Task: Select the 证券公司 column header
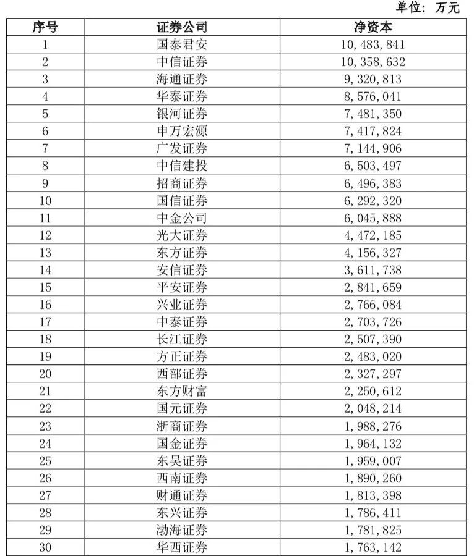[x=182, y=27]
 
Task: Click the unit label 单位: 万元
[x=429, y=8]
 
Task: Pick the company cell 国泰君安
[x=182, y=44]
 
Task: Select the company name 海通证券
[x=182, y=79]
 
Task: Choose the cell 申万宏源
[x=182, y=131]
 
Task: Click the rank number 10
[x=45, y=201]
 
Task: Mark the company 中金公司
[x=182, y=218]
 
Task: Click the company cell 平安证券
[x=182, y=287]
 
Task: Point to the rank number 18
[x=45, y=339]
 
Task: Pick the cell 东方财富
[x=182, y=391]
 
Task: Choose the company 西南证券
[x=182, y=478]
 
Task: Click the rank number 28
[x=45, y=513]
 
